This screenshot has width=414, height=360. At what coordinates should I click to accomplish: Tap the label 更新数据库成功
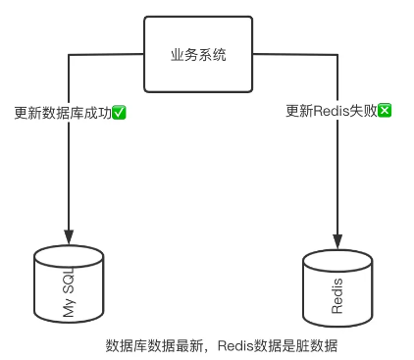64,112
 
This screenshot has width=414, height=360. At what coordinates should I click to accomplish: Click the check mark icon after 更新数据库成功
120,112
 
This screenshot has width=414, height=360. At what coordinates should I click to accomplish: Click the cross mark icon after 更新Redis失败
386,111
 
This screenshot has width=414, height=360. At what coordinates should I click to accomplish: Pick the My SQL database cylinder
69,284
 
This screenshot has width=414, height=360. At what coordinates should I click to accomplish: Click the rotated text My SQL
69,291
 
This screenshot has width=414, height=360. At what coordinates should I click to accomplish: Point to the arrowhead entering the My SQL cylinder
69,237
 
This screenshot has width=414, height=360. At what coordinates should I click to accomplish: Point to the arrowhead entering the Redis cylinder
337,241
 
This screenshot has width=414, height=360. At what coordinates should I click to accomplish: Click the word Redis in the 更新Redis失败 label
331,111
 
